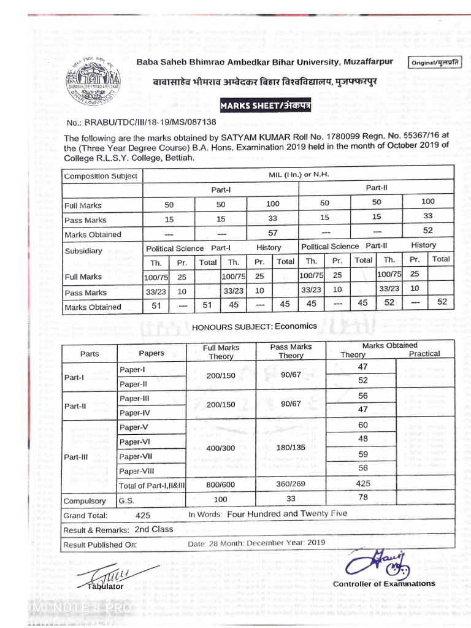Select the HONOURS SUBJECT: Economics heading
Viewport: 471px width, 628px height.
pos(255,326)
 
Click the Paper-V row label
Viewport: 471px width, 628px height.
pos(134,427)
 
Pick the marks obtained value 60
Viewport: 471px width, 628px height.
pos(362,425)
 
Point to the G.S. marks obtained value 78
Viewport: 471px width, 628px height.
pos(362,497)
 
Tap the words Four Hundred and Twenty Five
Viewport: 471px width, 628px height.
pos(287,514)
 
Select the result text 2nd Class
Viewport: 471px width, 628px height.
pos(154,529)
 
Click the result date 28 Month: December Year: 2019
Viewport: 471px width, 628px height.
pos(256,543)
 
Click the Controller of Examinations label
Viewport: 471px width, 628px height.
pos(384,584)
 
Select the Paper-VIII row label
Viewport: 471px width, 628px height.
pos(137,471)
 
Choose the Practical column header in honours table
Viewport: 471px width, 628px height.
pos(424,354)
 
